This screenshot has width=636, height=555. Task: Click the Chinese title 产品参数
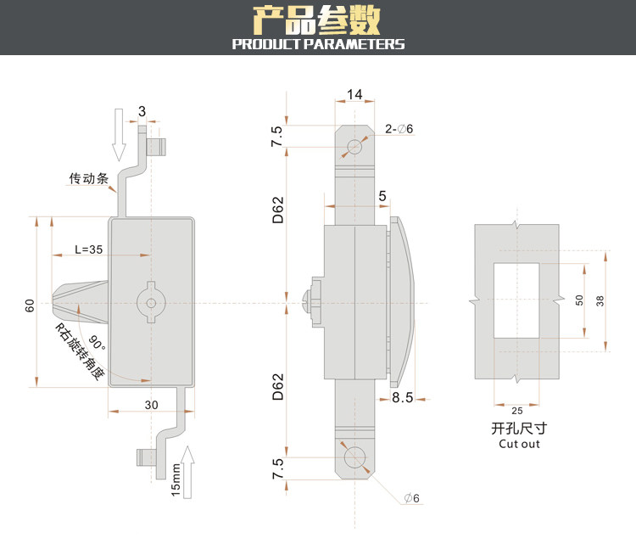click(318, 20)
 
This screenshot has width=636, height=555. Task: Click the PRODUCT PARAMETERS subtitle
click(318, 44)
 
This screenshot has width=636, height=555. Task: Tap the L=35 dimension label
click(89, 249)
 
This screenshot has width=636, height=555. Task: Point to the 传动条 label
click(89, 179)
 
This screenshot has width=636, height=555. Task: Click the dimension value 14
click(354, 95)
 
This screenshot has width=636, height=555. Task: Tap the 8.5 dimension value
click(402, 397)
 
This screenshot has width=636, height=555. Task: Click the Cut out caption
click(519, 444)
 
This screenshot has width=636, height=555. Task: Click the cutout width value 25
click(517, 411)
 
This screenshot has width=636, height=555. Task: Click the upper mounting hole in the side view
click(354, 147)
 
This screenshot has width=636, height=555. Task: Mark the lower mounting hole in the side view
click(354, 458)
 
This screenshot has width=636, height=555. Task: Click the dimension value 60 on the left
click(30, 305)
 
